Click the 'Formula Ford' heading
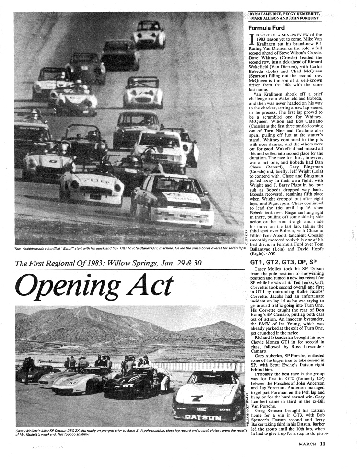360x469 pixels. click(266, 28)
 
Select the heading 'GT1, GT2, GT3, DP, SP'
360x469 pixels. click(283, 263)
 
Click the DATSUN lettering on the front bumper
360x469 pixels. click(203, 416)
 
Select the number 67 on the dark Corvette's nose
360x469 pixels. click(126, 385)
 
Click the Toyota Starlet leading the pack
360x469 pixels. click(173, 199)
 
